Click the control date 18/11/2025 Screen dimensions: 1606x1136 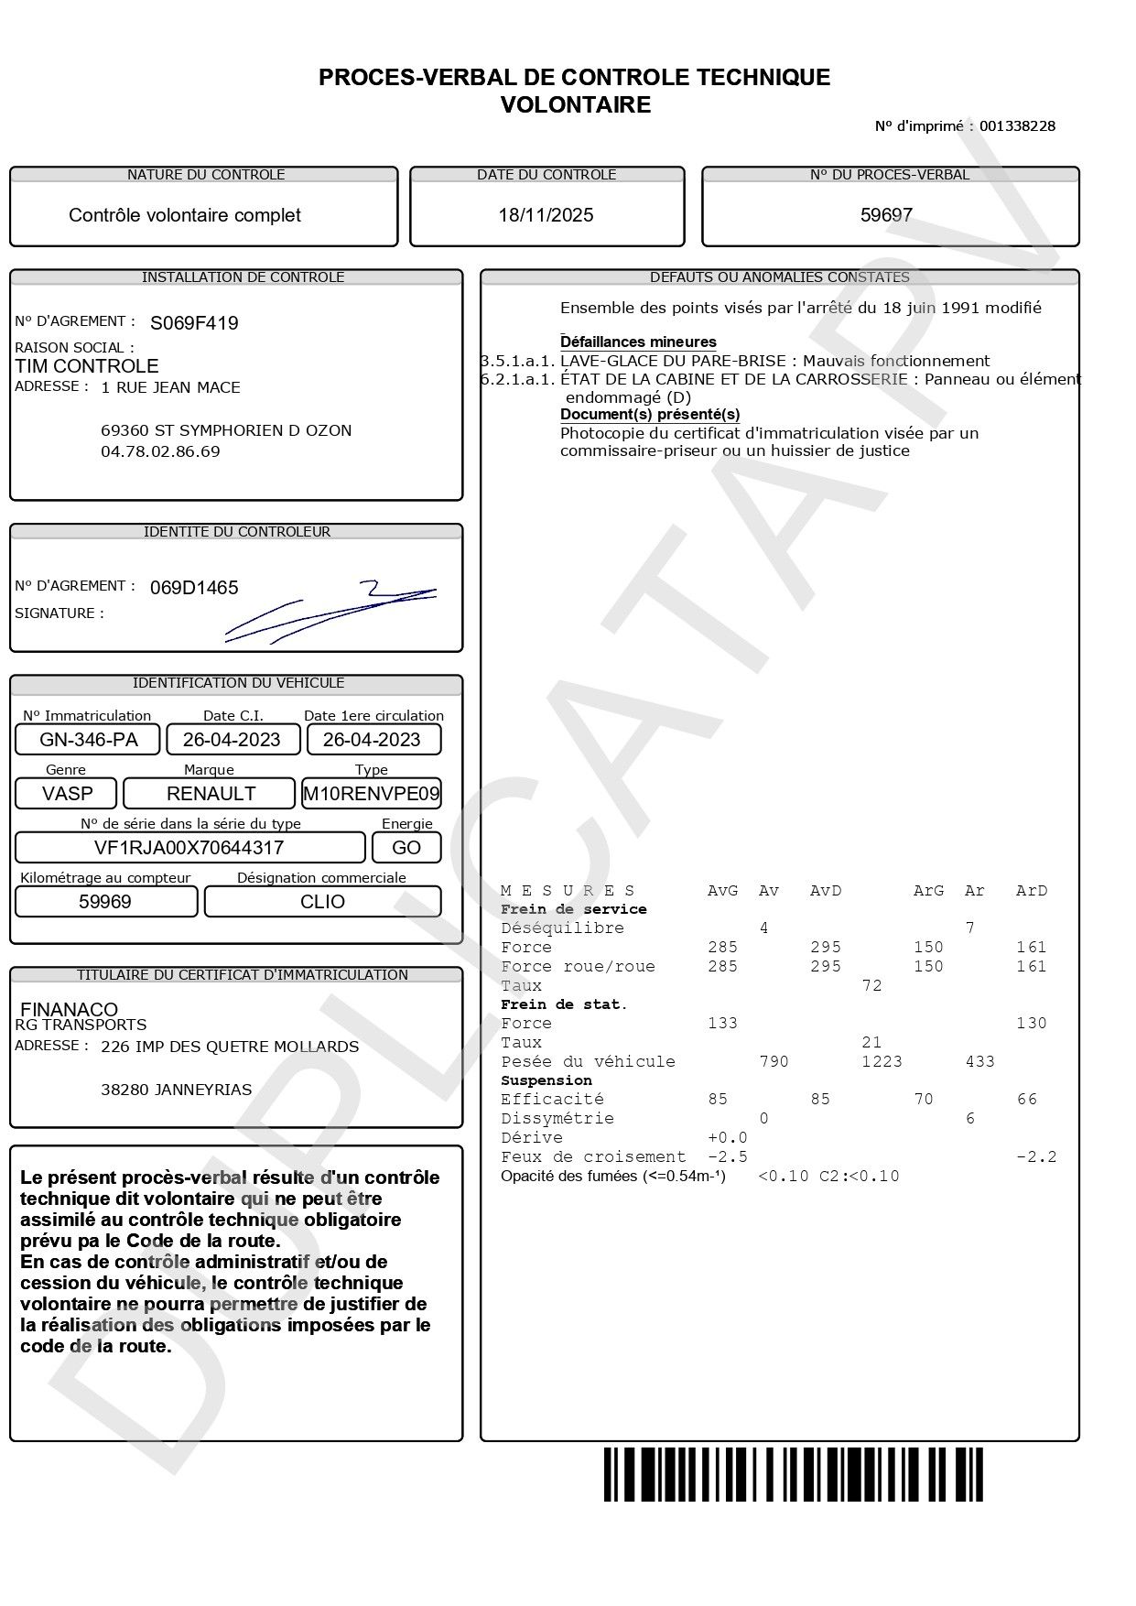tap(546, 215)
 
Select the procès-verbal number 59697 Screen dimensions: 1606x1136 tap(886, 215)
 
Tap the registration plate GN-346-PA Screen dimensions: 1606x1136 tap(89, 740)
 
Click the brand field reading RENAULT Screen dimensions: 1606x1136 tap(211, 794)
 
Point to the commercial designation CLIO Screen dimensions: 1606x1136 tap(322, 902)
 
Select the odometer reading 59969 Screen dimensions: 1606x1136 tap(105, 902)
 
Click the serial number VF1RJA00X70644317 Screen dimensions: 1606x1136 tap(189, 848)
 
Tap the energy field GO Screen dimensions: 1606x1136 tap(406, 848)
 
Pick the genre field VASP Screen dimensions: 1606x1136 tap(68, 794)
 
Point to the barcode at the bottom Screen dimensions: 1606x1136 tap(793, 1474)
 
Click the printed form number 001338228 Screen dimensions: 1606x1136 tap(1017, 126)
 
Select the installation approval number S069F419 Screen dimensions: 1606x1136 tap(194, 323)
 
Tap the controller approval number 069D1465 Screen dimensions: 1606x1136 tap(194, 588)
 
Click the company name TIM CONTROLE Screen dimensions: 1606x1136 tap(87, 366)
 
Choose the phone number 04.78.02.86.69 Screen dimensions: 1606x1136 tap(160, 451)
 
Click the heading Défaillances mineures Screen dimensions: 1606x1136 tap(638, 342)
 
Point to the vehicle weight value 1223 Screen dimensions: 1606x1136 tap(882, 1062)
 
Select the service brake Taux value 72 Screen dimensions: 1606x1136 tap(871, 986)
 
